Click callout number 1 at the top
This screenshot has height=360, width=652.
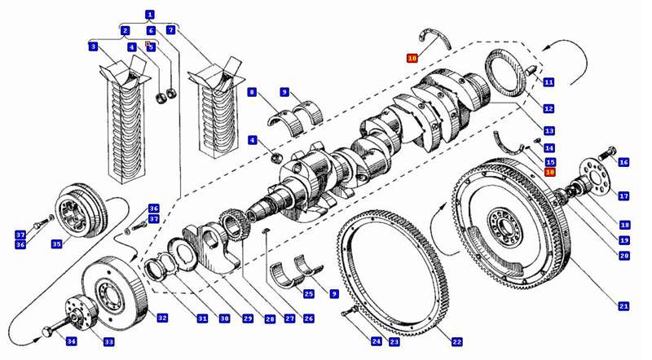tap(149, 14)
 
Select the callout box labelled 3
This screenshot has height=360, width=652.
tap(95, 46)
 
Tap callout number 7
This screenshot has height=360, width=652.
tap(170, 30)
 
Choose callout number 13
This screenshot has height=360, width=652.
tap(550, 131)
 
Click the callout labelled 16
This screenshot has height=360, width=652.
tap(624, 162)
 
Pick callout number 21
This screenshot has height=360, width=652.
tap(623, 306)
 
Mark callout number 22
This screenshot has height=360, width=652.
tap(457, 341)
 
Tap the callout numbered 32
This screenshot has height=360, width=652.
tap(163, 318)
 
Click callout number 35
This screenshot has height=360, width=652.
tap(56, 244)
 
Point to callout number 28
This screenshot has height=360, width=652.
tap(268, 318)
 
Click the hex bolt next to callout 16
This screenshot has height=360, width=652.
tap(606, 151)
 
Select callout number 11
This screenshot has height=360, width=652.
tap(549, 82)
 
